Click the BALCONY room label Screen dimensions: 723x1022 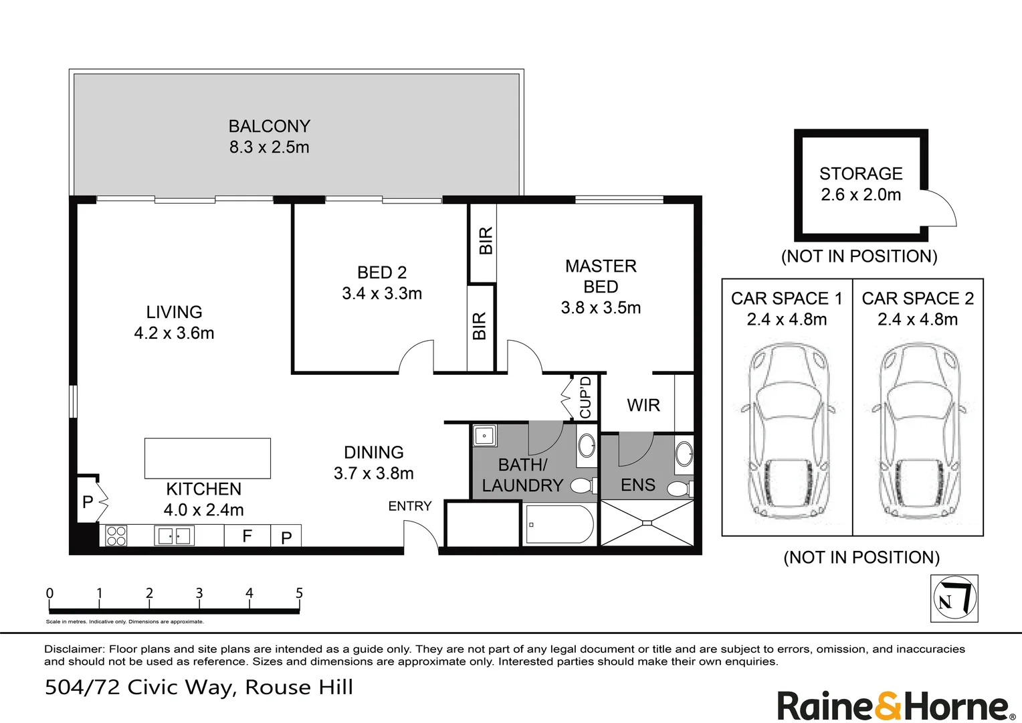click(269, 126)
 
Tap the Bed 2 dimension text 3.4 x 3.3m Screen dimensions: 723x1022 click(382, 293)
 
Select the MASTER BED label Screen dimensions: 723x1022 click(601, 276)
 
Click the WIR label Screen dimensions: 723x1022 click(643, 405)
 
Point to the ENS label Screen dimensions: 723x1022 click(638, 485)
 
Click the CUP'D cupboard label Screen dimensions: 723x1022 click(586, 398)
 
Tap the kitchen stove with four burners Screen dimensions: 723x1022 click(116, 536)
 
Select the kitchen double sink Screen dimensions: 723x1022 click(174, 536)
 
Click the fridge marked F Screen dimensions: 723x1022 click(247, 536)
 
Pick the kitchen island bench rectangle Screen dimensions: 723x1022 click(207, 458)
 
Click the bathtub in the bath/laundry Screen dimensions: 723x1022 click(559, 525)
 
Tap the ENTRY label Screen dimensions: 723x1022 click(410, 506)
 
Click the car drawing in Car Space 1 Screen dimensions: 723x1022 click(787, 432)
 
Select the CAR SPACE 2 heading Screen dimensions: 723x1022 click(918, 299)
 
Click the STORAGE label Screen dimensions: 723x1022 click(861, 173)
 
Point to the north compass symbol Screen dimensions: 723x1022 click(954, 598)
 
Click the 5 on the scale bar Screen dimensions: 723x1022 click(299, 593)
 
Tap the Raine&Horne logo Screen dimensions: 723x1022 click(893, 707)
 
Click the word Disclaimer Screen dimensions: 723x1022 click(74, 649)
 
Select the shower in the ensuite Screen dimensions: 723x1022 click(646, 523)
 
